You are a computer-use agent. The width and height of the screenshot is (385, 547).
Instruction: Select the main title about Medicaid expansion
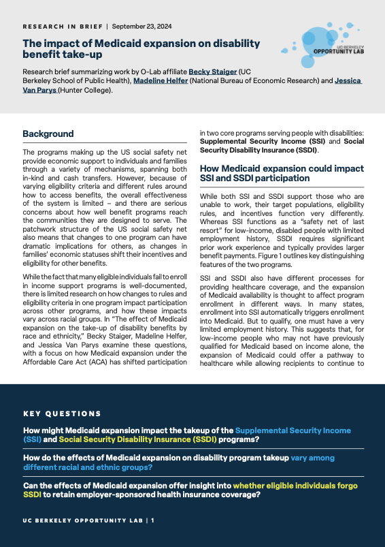click(x=141, y=49)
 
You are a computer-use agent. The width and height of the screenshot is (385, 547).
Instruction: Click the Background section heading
click(x=48, y=134)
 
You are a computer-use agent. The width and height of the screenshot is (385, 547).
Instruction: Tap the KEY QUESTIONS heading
click(x=62, y=413)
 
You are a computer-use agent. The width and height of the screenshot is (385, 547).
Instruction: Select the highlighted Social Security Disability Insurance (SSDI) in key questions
click(x=146, y=440)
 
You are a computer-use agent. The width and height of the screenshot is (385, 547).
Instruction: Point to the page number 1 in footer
click(x=153, y=520)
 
